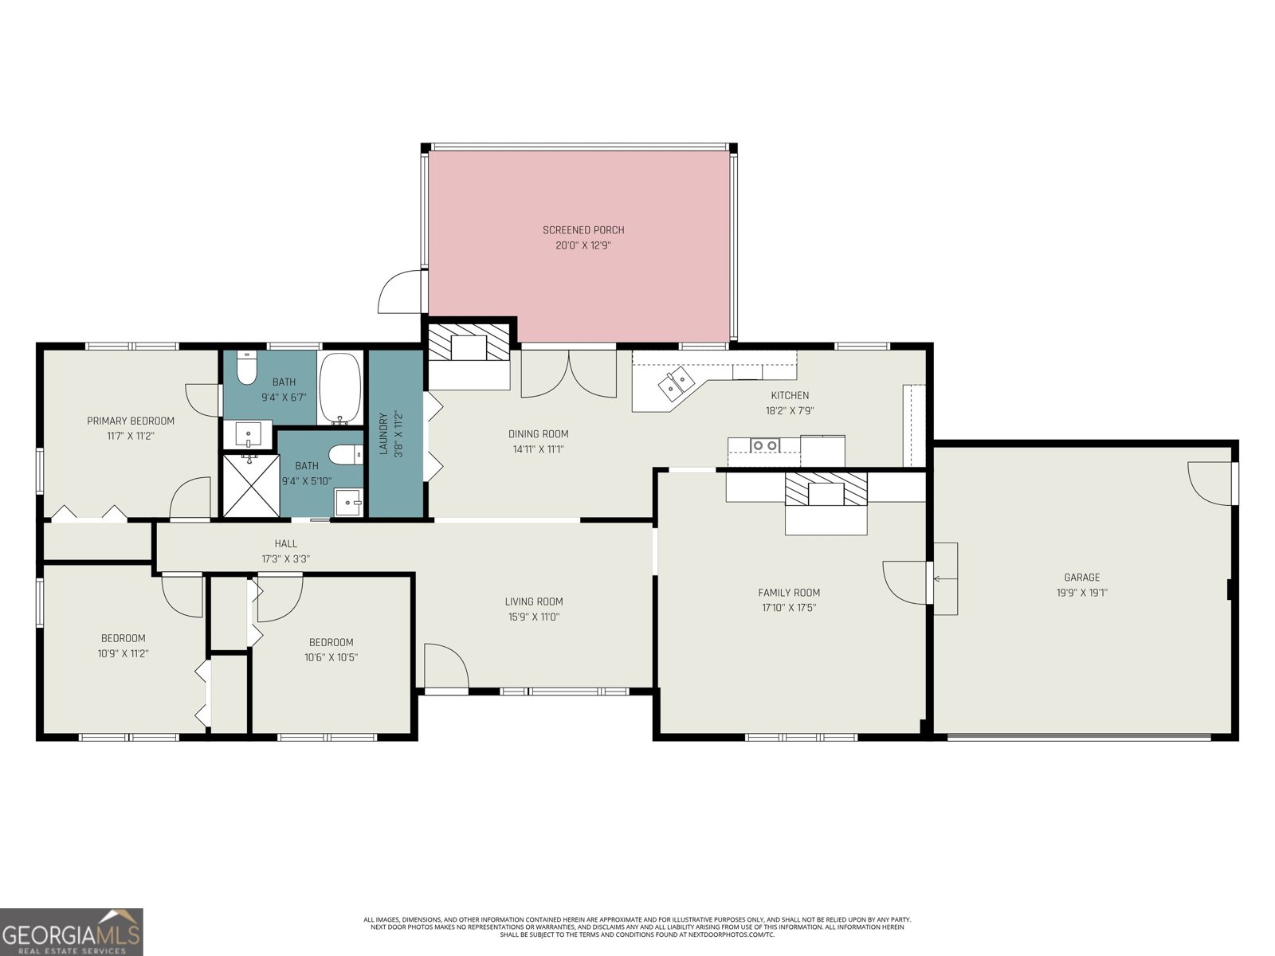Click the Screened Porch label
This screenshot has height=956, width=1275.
click(x=583, y=230)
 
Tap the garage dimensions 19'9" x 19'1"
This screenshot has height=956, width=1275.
click(x=1081, y=593)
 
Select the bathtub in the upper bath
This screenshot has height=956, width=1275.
click(x=341, y=390)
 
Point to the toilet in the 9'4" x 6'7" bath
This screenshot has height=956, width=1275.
click(x=247, y=370)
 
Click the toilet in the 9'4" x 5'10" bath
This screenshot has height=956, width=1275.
click(x=345, y=455)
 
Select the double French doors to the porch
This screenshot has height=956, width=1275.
click(x=568, y=373)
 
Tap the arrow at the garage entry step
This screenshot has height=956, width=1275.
click(x=945, y=579)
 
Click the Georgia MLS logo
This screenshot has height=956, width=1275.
click(x=72, y=931)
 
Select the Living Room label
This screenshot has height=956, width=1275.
click(x=533, y=601)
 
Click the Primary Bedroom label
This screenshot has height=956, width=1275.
click(x=131, y=421)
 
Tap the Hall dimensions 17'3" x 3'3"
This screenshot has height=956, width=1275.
click(x=285, y=559)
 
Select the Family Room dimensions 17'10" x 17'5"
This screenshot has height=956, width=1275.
click(x=788, y=608)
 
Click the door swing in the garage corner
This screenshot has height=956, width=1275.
click(x=1210, y=483)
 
